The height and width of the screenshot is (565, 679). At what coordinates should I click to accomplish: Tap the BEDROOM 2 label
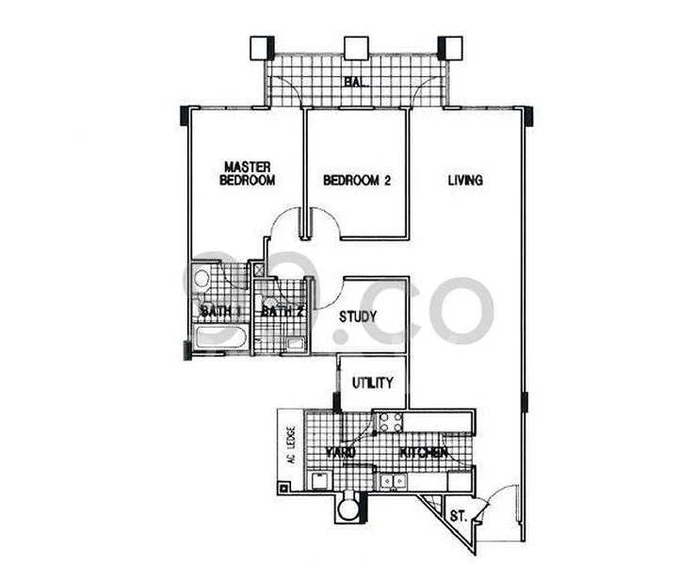click(x=356, y=180)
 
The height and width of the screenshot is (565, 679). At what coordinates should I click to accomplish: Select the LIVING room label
click(x=464, y=179)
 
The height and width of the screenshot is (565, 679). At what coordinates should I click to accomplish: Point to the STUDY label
click(x=359, y=316)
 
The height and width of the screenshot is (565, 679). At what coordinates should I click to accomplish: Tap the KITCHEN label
click(x=424, y=453)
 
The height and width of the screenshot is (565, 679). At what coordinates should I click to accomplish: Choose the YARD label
click(x=340, y=453)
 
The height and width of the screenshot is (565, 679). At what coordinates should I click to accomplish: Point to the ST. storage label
click(x=459, y=515)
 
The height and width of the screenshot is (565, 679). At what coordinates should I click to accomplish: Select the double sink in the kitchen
click(x=393, y=481)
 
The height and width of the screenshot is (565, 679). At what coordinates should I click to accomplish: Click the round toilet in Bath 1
click(x=201, y=279)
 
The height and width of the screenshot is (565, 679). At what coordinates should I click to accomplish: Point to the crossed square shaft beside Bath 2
click(x=260, y=268)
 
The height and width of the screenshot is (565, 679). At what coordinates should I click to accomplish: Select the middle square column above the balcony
click(x=355, y=48)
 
